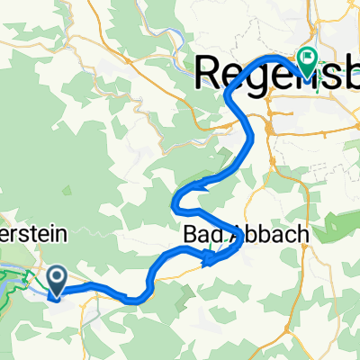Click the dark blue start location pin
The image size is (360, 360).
56,280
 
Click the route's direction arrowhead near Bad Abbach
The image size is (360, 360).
210,261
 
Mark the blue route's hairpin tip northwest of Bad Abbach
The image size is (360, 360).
175,199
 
